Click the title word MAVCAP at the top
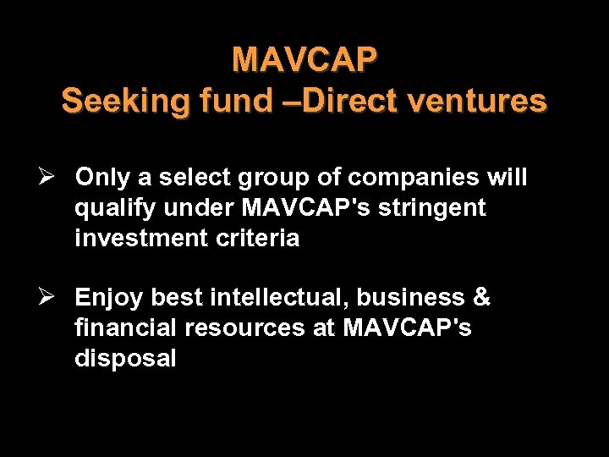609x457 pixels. click(304, 60)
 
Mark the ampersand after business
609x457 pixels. click(481, 298)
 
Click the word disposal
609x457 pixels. click(125, 359)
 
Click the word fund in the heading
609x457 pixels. click(238, 102)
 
